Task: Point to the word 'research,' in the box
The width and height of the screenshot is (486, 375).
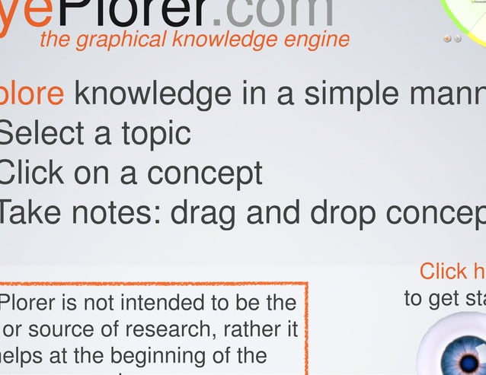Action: pyautogui.click(x=162, y=330)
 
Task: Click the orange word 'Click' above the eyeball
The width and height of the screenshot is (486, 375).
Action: pyautogui.click(x=443, y=271)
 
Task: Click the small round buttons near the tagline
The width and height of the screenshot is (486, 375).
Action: pyautogui.click(x=452, y=39)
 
